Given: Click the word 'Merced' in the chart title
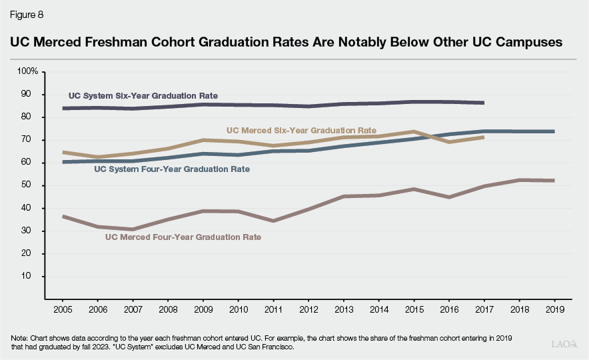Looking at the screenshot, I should point(63,41).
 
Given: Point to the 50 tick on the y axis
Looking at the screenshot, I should point(33,185).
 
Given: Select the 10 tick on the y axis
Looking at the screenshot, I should point(33,276).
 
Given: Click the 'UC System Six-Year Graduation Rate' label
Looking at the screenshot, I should point(143,95).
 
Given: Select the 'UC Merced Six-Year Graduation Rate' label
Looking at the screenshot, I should point(301,130).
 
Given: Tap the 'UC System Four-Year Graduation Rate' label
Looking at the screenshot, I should point(172,169).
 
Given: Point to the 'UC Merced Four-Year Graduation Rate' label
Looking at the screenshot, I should point(183,237).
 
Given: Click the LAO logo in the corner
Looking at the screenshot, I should point(564,345).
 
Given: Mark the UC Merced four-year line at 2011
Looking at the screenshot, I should point(273,221).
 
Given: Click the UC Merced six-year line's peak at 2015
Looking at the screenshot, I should point(413,131).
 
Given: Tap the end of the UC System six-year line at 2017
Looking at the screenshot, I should point(482,103).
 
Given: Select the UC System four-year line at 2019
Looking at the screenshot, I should point(553,131).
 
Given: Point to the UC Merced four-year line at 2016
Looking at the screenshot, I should point(448,197).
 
